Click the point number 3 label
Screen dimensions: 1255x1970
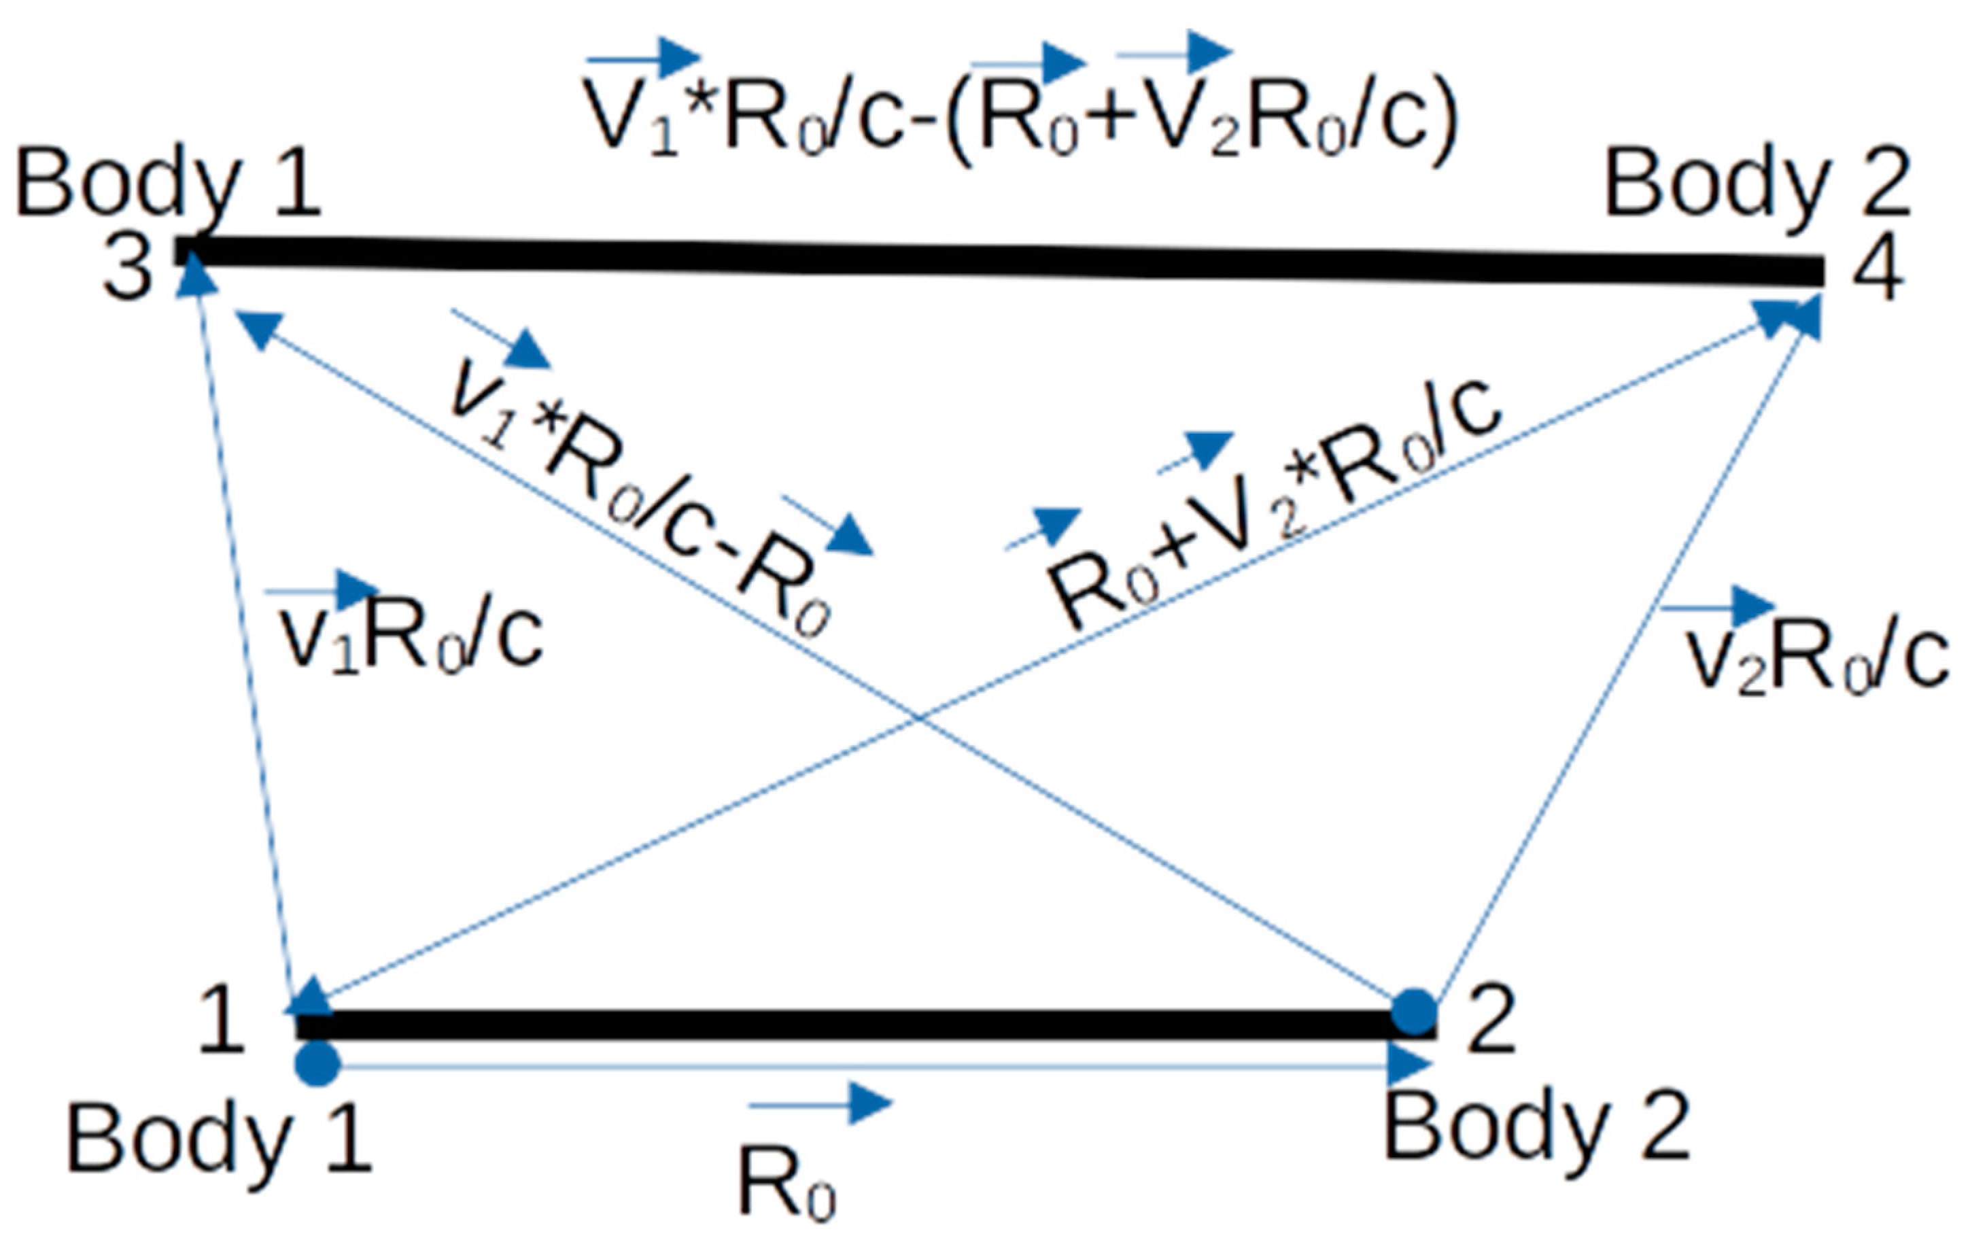(x=128, y=270)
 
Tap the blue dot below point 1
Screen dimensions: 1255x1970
(x=317, y=1063)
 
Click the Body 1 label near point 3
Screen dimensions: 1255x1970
(x=168, y=185)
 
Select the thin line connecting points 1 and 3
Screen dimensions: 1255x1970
(x=242, y=638)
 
